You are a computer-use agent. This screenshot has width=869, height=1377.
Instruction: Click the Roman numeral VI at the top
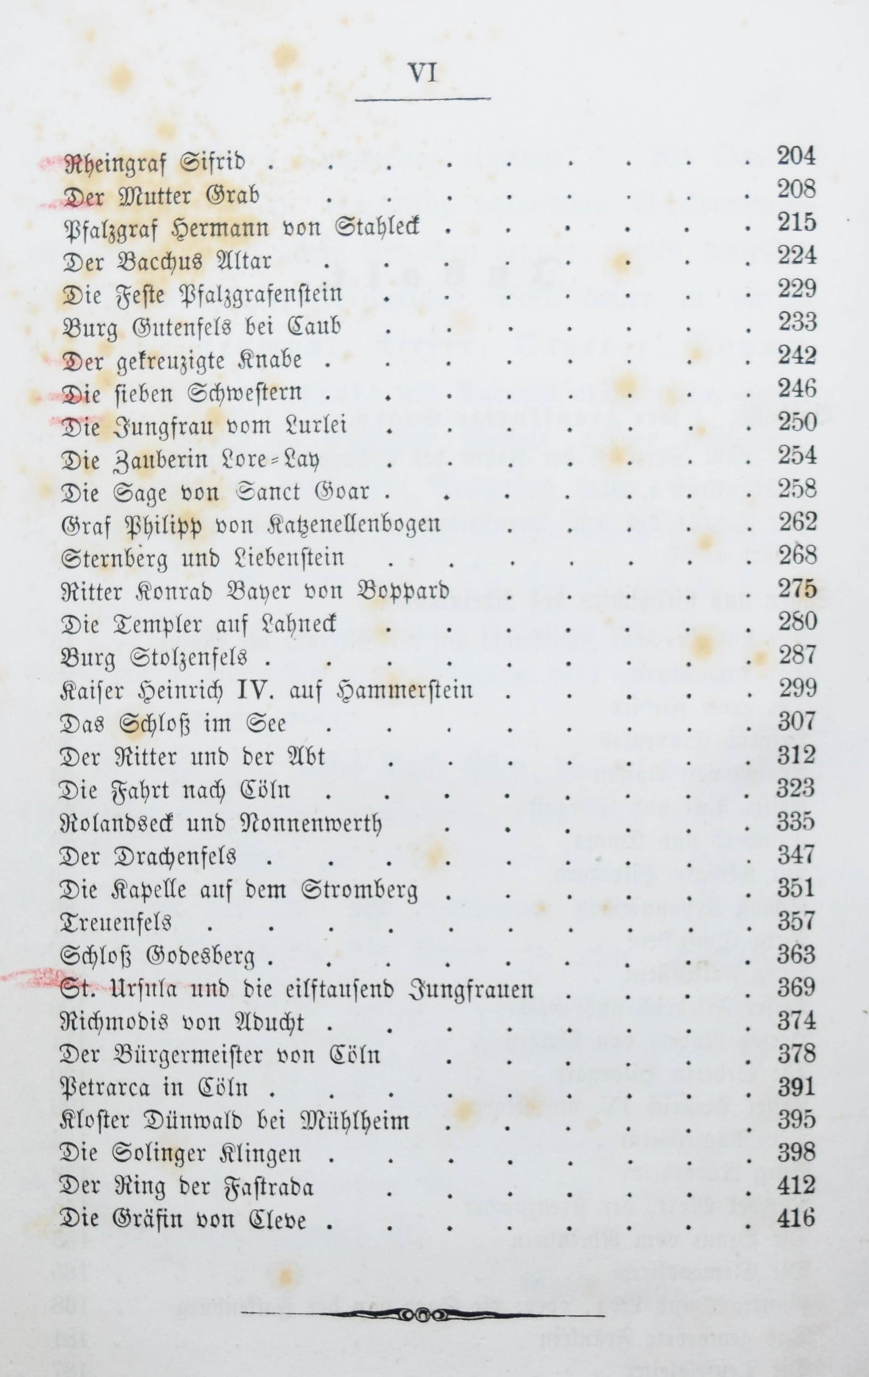click(x=422, y=73)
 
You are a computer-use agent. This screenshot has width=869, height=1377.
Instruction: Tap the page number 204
click(x=796, y=156)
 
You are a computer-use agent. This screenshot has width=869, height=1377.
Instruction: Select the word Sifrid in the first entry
click(x=212, y=164)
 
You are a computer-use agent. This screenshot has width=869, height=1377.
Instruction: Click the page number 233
click(x=796, y=323)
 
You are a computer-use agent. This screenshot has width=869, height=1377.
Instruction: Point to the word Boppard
click(x=402, y=591)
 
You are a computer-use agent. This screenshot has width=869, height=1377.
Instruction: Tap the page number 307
click(x=796, y=722)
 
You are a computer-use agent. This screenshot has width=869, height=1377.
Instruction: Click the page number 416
click(x=796, y=1219)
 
